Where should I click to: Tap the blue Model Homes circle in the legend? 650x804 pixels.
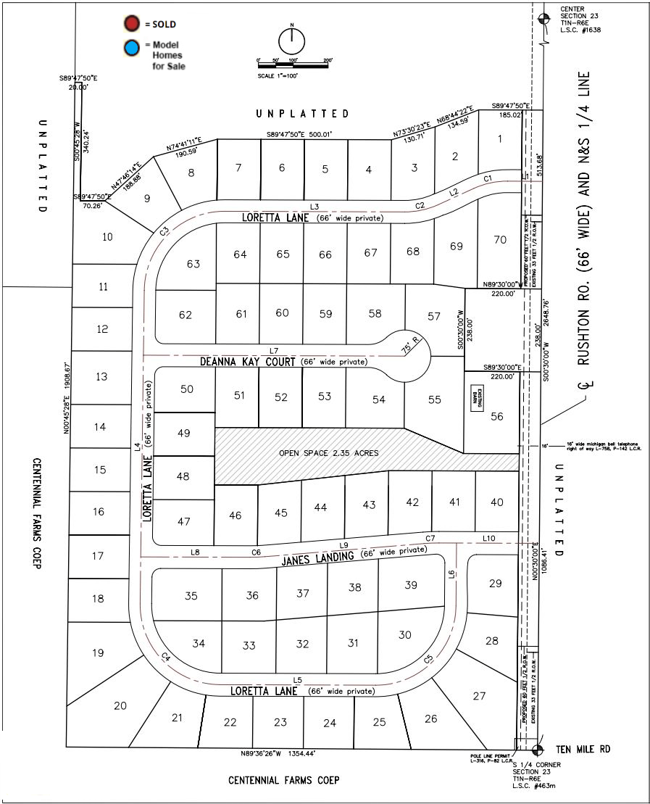131,49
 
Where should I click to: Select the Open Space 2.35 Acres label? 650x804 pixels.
329,453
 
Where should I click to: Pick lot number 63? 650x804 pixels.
193,264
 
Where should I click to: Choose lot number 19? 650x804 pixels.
98,652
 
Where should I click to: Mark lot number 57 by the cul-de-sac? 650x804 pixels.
433,316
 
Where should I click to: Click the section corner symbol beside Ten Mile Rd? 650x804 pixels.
538,750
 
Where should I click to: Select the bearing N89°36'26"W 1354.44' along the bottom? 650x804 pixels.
278,754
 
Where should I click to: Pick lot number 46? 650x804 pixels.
235,515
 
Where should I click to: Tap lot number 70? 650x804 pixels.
499,239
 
